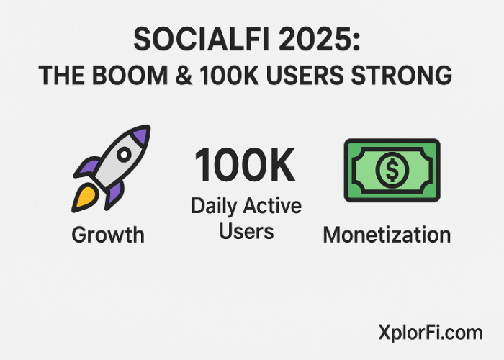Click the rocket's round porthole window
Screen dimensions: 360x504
click(x=123, y=154)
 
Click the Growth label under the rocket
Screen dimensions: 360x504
click(x=108, y=235)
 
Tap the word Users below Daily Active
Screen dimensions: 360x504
click(x=246, y=230)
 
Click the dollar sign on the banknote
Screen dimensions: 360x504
click(x=392, y=171)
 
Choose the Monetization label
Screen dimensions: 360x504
click(x=387, y=235)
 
